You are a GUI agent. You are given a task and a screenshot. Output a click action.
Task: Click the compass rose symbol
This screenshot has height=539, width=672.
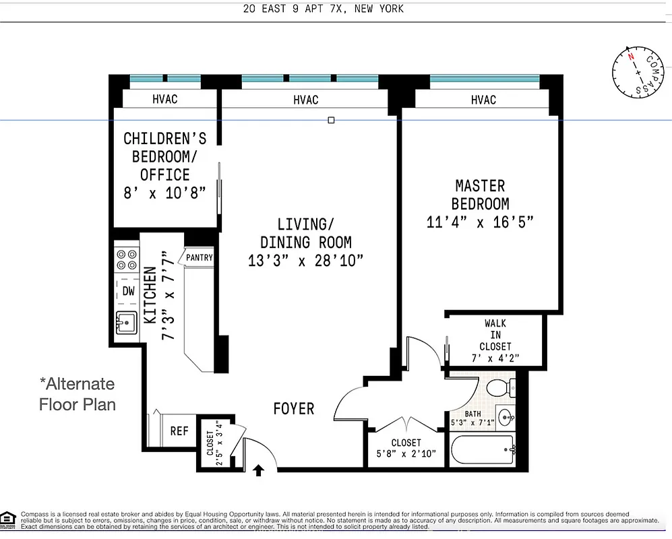(x=637, y=71)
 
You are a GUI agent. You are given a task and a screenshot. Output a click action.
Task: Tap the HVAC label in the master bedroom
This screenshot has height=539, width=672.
(x=483, y=100)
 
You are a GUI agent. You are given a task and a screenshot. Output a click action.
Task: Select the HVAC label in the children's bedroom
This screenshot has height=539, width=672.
(x=165, y=99)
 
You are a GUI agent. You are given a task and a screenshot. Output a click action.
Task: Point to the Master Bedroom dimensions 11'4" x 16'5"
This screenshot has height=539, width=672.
(x=480, y=222)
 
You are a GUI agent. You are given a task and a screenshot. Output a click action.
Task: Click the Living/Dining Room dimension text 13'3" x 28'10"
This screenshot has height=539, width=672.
(x=306, y=261)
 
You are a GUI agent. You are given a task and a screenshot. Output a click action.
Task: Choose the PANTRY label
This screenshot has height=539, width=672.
(x=200, y=257)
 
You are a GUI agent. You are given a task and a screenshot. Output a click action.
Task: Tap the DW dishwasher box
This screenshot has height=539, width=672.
(x=128, y=291)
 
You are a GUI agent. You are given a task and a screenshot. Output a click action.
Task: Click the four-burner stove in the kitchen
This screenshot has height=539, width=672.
(x=127, y=259)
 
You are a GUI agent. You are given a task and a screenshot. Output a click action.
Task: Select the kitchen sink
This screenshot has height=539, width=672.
(x=126, y=323)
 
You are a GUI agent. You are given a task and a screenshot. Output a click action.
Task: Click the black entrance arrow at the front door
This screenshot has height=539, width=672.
(x=258, y=469)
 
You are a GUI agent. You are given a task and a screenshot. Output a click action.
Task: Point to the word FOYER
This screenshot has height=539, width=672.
(x=293, y=409)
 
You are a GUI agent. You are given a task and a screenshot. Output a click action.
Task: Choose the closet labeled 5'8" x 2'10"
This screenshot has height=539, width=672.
(x=406, y=448)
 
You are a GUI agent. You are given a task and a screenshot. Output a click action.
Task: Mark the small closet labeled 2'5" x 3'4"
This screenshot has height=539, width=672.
(x=214, y=443)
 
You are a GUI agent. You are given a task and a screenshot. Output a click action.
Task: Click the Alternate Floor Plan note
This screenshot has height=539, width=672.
(x=77, y=394)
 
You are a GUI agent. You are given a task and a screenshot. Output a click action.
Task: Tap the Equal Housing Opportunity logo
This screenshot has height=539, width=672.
(x=9, y=518)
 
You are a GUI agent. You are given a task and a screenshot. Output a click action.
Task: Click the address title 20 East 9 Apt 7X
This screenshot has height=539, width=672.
(x=324, y=9)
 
